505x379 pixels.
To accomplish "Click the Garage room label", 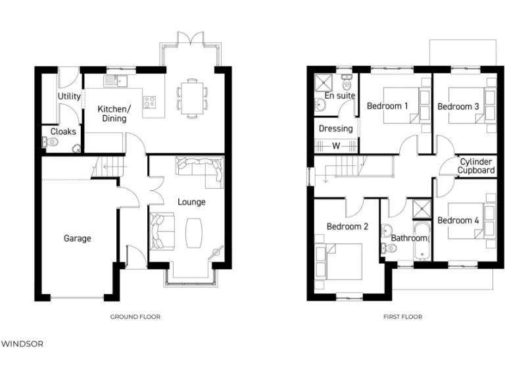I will click(x=77, y=238).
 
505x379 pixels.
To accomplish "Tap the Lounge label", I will click(x=191, y=202).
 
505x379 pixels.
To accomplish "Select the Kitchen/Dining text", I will click(x=114, y=113).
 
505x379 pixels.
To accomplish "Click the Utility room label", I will click(x=69, y=97).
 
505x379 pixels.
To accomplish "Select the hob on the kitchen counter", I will click(x=150, y=102).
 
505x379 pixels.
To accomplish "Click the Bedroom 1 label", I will click(x=387, y=106).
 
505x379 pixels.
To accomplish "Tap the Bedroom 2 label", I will click(x=347, y=227).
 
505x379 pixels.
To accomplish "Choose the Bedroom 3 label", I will click(x=458, y=106).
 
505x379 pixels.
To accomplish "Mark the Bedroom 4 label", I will click(x=458, y=220).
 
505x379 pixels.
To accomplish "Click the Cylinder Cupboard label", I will click(x=477, y=166).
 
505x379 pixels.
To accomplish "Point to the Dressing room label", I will click(x=335, y=128).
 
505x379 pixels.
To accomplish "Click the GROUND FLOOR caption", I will click(x=135, y=316).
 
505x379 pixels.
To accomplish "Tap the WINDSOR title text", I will click(x=22, y=343).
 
